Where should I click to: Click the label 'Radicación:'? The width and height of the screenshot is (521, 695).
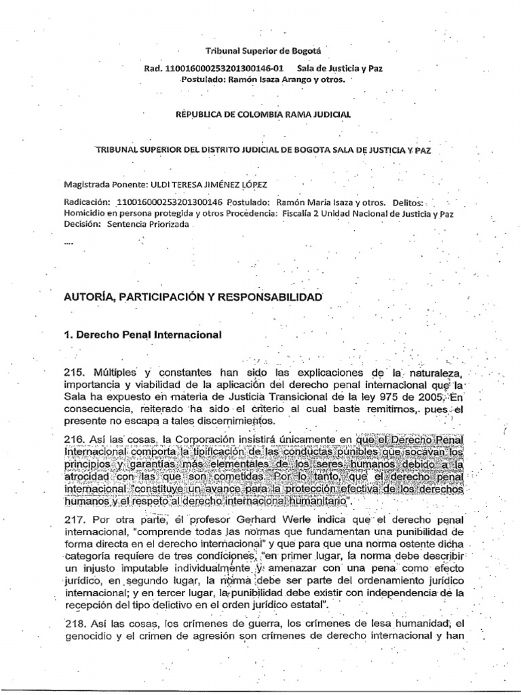click(86, 202)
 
